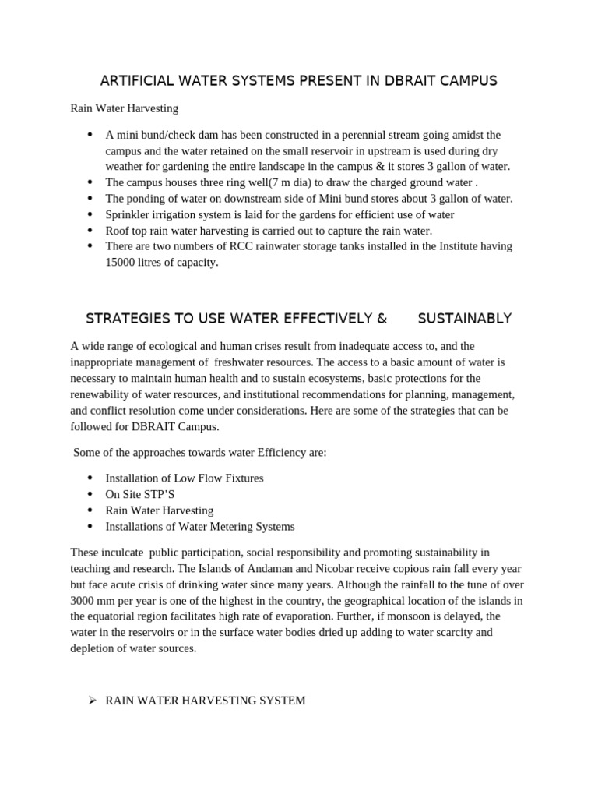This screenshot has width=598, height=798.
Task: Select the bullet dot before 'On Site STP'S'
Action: [x=91, y=494]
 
